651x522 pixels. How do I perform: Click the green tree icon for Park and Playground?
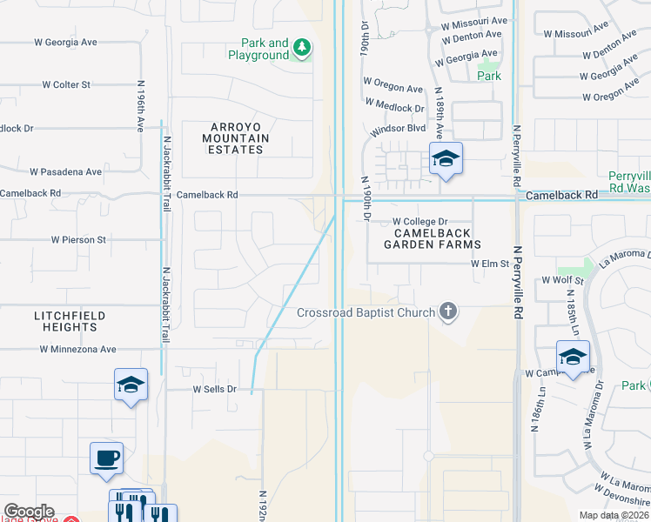pos(302,47)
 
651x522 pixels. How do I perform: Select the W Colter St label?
pos(66,84)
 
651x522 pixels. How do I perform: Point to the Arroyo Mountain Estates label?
pos(235,138)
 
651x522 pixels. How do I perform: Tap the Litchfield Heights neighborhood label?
pos(66,321)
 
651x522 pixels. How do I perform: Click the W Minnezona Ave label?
pos(77,350)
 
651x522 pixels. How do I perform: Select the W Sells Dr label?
pos(214,389)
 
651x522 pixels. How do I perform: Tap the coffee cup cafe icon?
pos(106,458)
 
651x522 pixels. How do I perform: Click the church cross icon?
pos(448,311)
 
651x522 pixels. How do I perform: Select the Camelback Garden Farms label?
pos(433,238)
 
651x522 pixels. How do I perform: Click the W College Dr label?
pos(419,222)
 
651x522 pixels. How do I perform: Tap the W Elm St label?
pos(488,262)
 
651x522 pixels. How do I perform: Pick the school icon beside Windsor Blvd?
pos(446,159)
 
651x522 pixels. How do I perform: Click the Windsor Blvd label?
pos(399,128)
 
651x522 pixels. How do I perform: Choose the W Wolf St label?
pos(561,281)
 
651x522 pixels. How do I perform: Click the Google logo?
pos(29,512)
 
